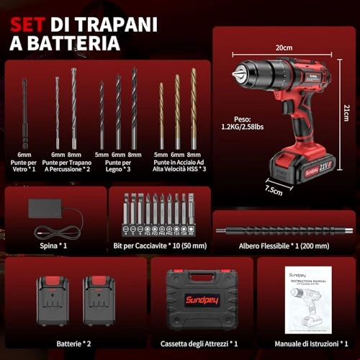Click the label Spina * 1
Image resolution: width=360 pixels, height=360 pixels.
point(54,245)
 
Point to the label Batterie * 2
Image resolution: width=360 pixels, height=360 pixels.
point(74,343)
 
